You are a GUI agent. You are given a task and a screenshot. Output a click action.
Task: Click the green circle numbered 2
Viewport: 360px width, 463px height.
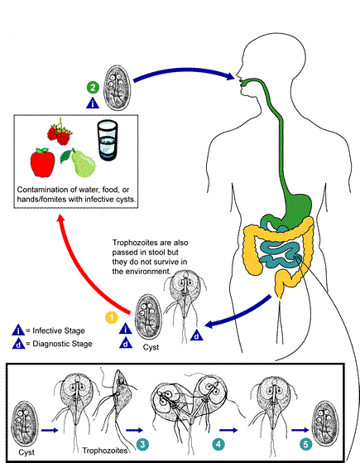pyautogui.click(x=93, y=88)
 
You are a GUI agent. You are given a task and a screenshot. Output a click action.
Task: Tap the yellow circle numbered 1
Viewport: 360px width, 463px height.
pyautogui.click(x=112, y=317)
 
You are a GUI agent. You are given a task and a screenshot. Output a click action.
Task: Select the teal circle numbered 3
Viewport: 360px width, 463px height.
pyautogui.click(x=142, y=444)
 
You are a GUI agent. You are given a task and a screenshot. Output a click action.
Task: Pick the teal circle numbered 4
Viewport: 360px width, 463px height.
pyautogui.click(x=218, y=444)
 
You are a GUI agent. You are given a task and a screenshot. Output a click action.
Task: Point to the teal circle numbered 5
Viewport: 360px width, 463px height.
pyautogui.click(x=305, y=444)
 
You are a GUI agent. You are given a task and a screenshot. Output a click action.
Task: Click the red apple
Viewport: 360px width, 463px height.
pyautogui.click(x=42, y=162)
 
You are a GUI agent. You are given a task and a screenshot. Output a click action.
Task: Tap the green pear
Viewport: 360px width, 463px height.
pyautogui.click(x=79, y=163)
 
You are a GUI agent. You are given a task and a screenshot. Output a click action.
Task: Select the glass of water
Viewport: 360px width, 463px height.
pyautogui.click(x=108, y=140)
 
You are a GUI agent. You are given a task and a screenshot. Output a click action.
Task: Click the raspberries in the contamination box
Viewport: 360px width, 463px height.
pyautogui.click(x=60, y=133)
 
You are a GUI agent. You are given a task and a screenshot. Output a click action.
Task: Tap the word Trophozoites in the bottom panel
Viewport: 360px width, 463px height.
pyautogui.click(x=105, y=451)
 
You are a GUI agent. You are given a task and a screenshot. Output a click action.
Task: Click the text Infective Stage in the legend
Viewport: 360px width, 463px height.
pyautogui.click(x=59, y=330)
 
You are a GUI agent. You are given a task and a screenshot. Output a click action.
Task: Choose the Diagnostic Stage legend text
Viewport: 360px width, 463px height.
pyautogui.click(x=62, y=344)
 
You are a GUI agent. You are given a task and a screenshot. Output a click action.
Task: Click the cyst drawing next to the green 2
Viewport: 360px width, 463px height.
pyautogui.click(x=118, y=88)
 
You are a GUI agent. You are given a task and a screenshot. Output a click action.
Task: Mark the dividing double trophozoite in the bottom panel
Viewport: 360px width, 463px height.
pyautogui.click(x=190, y=408)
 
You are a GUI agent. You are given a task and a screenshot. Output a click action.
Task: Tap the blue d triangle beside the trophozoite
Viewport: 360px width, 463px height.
pyautogui.click(x=197, y=335)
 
